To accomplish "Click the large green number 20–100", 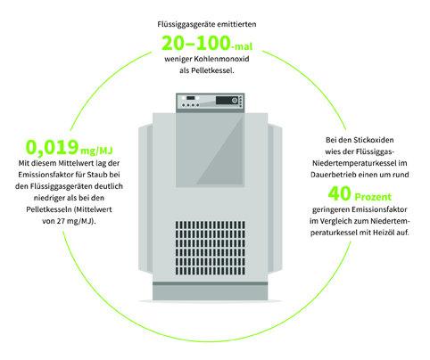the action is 196,43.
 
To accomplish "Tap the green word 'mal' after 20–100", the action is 244,46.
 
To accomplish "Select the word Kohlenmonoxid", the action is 221,59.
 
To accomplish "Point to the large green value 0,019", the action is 53,147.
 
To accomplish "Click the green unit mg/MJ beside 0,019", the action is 96,151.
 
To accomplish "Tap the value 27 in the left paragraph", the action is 61,221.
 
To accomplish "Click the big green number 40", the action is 339,193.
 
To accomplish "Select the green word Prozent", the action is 373,197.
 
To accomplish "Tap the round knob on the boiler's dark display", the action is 235,101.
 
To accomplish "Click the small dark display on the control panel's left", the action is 190,98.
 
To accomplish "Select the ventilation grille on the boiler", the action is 211,248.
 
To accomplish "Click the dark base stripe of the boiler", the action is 211,283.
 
